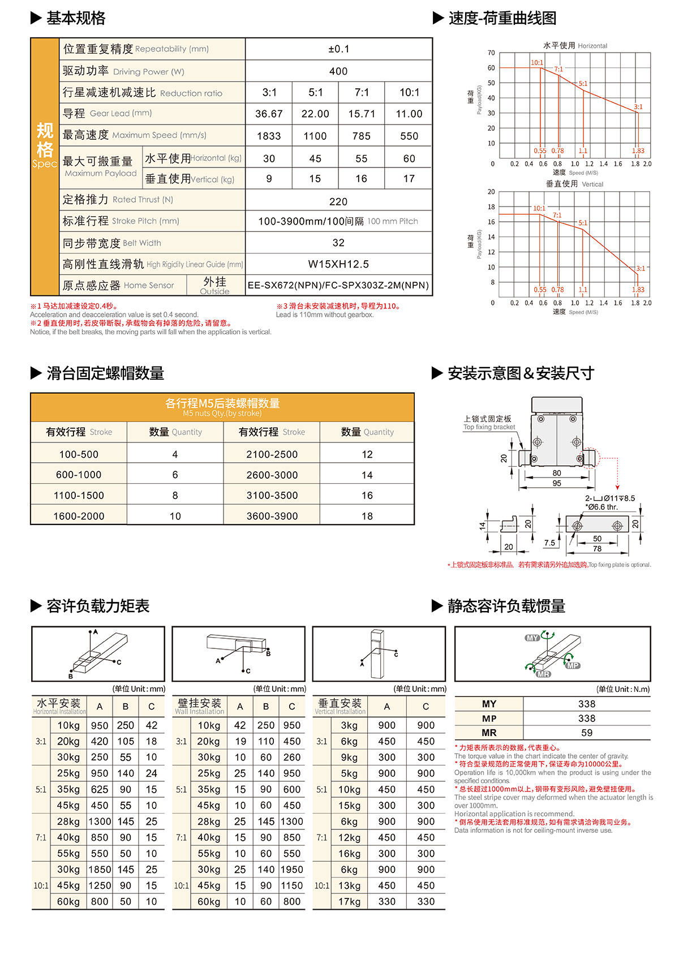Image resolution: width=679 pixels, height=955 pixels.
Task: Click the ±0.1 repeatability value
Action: (338, 49)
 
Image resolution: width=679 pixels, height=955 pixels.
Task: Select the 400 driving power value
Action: (338, 71)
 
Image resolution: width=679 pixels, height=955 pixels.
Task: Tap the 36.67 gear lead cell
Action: (269, 114)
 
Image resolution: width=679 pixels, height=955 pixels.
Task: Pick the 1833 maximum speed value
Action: (269, 136)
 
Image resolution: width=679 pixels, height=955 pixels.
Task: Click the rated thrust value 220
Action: (338, 201)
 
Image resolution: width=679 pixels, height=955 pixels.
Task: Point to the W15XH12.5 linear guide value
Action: (338, 264)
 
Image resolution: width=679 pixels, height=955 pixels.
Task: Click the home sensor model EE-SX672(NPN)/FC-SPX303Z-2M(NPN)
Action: (338, 285)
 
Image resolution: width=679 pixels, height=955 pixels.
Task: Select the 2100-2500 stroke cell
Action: (272, 454)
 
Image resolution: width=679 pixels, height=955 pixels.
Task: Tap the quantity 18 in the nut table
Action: (367, 516)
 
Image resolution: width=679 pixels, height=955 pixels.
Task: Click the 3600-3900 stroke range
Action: (272, 516)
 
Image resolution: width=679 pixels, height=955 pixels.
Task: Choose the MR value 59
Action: (587, 733)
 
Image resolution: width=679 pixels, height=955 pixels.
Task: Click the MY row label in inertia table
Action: (489, 704)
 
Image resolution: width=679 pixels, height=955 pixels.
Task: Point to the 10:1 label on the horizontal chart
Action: (536, 63)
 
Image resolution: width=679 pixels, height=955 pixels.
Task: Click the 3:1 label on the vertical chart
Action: (641, 269)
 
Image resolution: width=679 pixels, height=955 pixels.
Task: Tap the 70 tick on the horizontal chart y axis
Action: (491, 53)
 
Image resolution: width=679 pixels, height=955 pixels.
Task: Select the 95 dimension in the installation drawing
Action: (557, 483)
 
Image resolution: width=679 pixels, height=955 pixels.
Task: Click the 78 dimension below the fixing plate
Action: (597, 549)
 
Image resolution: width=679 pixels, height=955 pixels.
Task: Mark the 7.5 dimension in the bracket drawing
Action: (549, 543)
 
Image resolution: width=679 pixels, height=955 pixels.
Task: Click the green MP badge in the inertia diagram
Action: (573, 665)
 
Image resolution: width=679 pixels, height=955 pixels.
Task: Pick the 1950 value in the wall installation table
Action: (292, 870)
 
